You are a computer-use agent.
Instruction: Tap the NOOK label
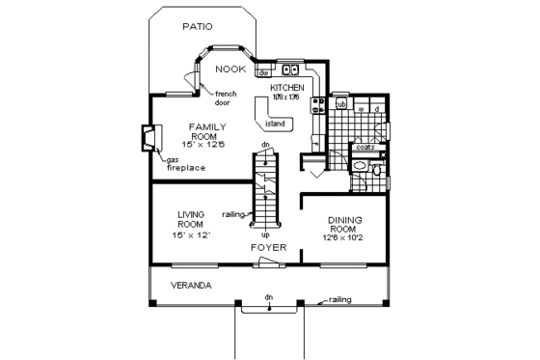pyautogui.click(x=229, y=69)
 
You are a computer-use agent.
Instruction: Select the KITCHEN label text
pyautogui.click(x=287, y=87)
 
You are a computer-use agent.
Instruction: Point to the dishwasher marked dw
pyautogui.click(x=263, y=72)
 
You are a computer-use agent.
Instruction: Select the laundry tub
pyautogui.click(x=341, y=104)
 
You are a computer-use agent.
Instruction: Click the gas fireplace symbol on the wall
pyautogui.click(x=148, y=139)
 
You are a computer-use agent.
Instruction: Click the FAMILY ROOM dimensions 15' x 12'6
pyautogui.click(x=206, y=145)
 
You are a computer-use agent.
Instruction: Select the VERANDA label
pyautogui.click(x=192, y=287)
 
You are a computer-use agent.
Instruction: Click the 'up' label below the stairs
pyautogui.click(x=264, y=235)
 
